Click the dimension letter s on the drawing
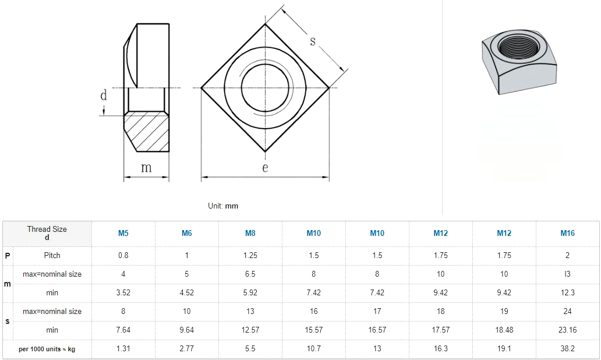(x=313, y=41)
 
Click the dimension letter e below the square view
(x=265, y=168)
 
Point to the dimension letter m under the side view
(x=146, y=168)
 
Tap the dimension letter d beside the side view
(x=104, y=96)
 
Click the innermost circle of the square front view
(x=265, y=88)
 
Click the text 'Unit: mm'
(x=223, y=206)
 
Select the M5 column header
(x=123, y=234)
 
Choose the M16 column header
(x=567, y=234)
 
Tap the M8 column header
(x=250, y=234)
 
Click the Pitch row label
(x=52, y=255)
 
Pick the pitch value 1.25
(x=250, y=255)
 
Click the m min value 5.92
(x=250, y=292)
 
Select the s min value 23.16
(x=567, y=330)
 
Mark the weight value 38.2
(x=567, y=348)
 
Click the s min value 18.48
(x=504, y=330)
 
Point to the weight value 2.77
(x=186, y=348)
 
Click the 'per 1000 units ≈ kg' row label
(x=47, y=349)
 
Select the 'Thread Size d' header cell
(x=47, y=233)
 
